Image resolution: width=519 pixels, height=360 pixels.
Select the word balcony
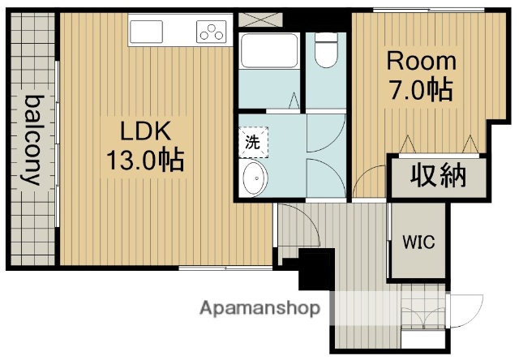click(33, 140)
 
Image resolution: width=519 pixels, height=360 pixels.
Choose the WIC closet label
click(418, 242)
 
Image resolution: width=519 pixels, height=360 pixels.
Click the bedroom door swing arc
click(370, 180)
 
